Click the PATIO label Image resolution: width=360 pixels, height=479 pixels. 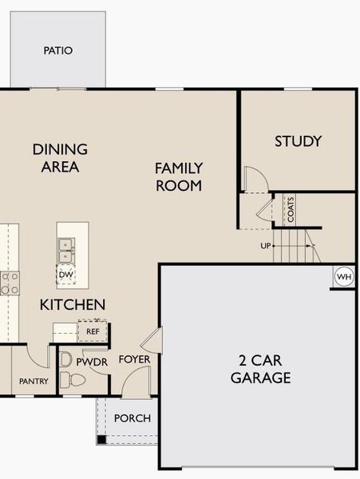[57, 50]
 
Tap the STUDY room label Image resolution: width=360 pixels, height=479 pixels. [298, 141]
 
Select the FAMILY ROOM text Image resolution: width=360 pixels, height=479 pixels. [179, 176]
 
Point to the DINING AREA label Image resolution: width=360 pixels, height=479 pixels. [60, 158]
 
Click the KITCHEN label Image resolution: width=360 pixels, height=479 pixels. [73, 304]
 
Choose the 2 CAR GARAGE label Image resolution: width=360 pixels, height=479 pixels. [260, 369]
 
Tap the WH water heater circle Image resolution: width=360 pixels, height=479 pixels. [343, 276]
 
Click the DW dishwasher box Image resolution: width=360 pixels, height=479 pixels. [66, 275]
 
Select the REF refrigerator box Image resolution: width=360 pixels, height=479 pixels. [93, 330]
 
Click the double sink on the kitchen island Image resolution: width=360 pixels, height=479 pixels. [66, 250]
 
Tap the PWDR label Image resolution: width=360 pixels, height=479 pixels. [92, 362]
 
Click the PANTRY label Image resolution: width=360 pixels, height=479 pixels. [34, 382]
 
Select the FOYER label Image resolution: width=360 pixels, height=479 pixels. [134, 359]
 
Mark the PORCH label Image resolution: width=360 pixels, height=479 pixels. [133, 418]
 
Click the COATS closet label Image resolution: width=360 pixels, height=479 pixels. [291, 209]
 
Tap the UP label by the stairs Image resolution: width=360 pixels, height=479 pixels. [266, 246]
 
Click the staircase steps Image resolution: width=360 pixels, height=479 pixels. [293, 244]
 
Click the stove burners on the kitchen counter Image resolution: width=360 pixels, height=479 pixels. [10, 283]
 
